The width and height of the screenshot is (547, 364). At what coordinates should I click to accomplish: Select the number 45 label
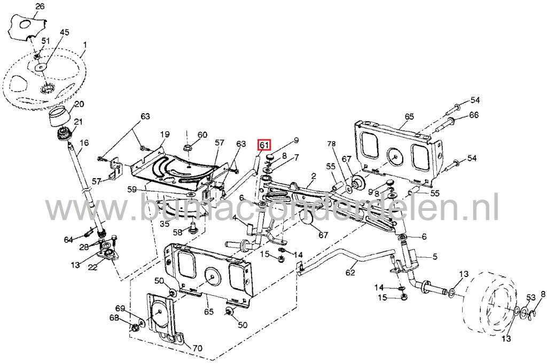(x=64, y=33)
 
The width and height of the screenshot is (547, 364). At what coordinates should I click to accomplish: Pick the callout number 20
(x=79, y=105)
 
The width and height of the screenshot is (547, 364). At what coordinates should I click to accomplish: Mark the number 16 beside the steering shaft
(x=84, y=143)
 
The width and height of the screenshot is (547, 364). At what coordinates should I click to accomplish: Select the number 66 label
(x=474, y=115)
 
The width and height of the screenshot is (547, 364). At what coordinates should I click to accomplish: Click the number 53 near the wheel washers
(x=531, y=297)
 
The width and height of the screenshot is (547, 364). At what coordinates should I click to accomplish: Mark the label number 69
(x=120, y=309)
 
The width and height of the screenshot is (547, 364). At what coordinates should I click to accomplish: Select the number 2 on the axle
(x=314, y=176)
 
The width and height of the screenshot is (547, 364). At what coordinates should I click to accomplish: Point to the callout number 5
(x=435, y=257)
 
